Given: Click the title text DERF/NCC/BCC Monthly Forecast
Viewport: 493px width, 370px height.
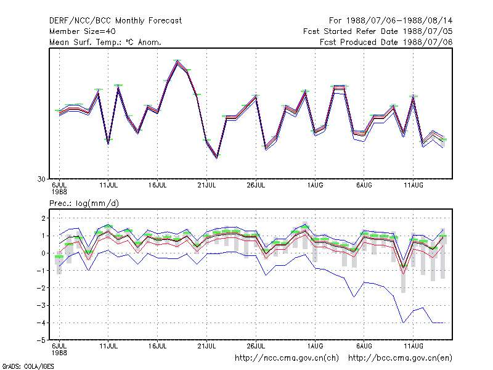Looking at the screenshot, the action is tap(115, 21).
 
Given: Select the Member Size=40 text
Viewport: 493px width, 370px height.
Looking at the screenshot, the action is tap(83, 31).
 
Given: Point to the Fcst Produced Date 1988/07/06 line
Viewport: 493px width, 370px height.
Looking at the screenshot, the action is tap(386, 42).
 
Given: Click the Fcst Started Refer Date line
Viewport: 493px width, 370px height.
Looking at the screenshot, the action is tap(378, 31).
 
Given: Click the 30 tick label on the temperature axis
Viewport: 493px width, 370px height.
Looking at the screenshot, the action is tap(41, 179).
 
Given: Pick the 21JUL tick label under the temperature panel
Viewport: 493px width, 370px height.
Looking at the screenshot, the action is tap(206, 185).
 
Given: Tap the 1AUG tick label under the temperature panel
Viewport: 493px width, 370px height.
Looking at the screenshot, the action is tap(315, 185).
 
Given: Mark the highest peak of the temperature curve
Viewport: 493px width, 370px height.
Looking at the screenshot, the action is tap(177, 61).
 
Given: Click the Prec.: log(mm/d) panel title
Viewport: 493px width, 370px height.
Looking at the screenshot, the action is tap(84, 203).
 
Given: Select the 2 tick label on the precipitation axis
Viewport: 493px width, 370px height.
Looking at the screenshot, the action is tap(44, 218).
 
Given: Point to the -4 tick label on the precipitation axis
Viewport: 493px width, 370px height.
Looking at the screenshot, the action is tap(41, 323).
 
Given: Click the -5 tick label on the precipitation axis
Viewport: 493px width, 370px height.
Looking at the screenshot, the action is tap(41, 340).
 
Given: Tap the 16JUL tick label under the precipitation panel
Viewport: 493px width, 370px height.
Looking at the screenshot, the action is tap(158, 346).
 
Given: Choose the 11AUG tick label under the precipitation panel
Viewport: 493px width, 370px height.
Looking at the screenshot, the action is tap(414, 346).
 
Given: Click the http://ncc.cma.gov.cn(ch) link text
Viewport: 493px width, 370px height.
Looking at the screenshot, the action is tap(287, 358).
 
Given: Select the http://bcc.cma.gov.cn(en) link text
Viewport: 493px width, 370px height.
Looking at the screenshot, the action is tap(400, 358).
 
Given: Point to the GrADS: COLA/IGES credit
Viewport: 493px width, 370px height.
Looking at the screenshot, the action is tap(28, 366).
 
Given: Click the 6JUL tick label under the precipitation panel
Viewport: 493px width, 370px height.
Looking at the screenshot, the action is tap(59, 346).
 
